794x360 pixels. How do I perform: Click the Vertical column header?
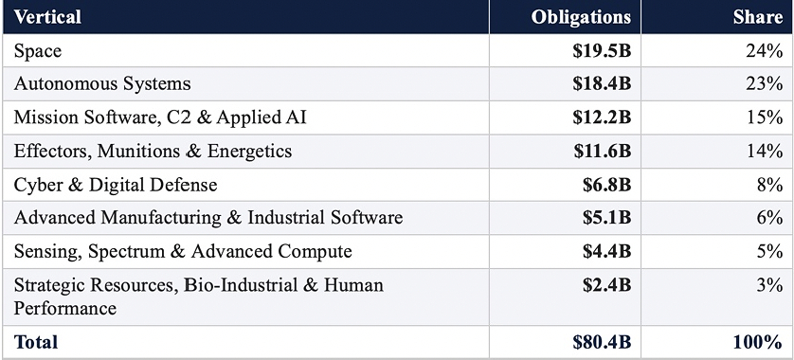tap(47, 17)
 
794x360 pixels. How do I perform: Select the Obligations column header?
tap(581, 17)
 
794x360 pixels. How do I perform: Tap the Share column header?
tap(758, 17)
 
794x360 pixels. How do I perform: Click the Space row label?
tap(38, 50)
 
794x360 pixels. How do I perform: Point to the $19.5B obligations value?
tap(602, 50)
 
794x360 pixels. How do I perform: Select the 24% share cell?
tap(764, 50)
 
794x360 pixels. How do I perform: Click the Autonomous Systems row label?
tap(102, 83)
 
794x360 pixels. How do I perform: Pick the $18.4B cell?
tap(602, 83)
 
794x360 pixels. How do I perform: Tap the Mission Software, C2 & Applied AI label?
tap(160, 117)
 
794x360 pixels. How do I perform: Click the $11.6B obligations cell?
tap(603, 151)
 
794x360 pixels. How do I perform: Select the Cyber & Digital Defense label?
tap(116, 185)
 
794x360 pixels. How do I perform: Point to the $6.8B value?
tap(606, 185)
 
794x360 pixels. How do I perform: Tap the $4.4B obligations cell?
tap(606, 251)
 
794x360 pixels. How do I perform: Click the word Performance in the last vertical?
tap(64, 308)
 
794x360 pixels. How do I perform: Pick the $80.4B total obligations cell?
tap(602, 342)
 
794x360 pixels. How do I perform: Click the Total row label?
tap(35, 342)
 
